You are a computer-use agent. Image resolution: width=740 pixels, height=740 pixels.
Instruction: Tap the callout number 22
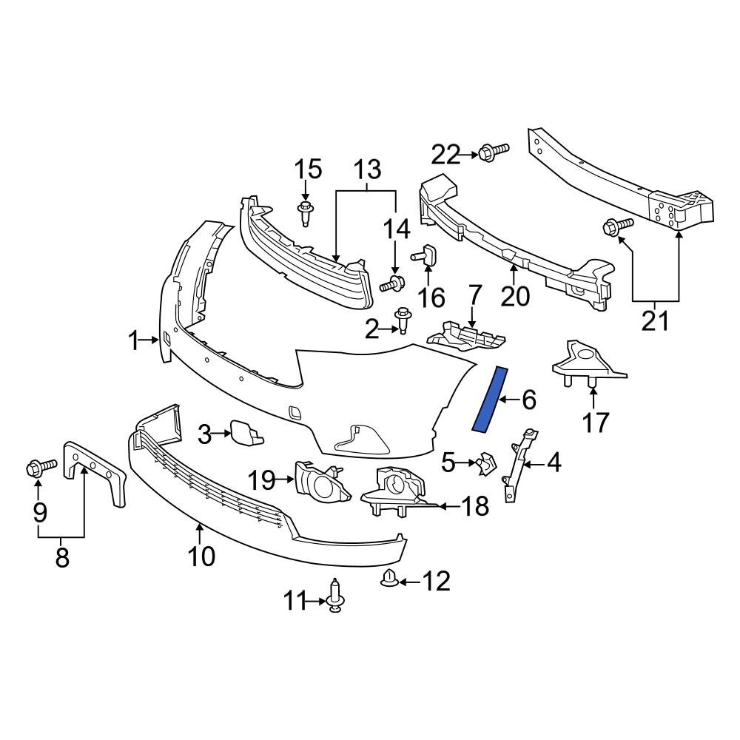point(446,155)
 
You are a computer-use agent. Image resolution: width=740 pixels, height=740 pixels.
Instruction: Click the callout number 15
point(309,169)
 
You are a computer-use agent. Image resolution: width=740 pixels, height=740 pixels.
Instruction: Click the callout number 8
point(61,556)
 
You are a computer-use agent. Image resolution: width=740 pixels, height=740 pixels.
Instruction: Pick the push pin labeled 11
point(335,596)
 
